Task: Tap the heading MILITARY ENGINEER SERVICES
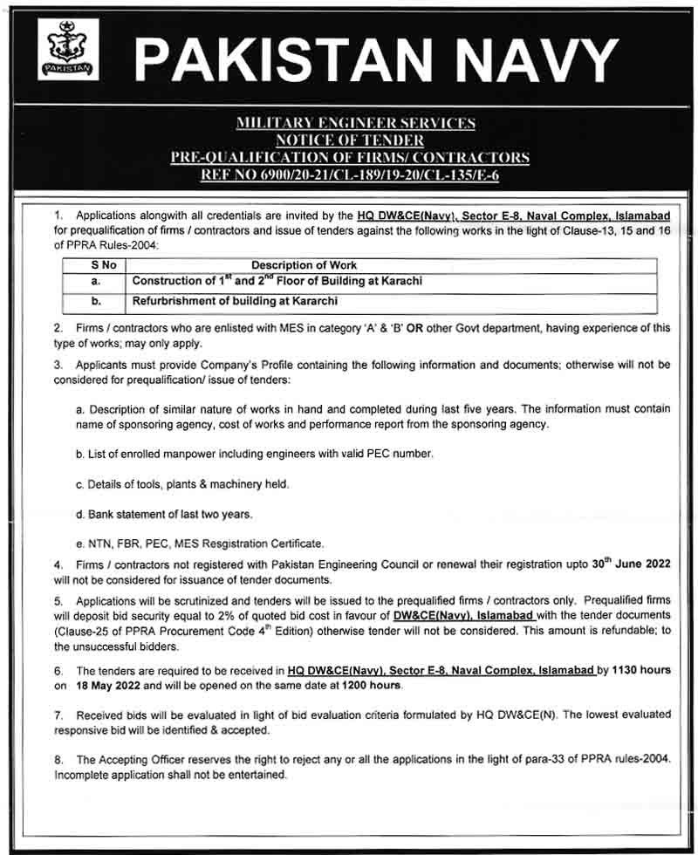pyautogui.click(x=355, y=124)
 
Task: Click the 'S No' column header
pyautogui.click(x=97, y=265)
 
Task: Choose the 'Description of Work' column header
pyautogui.click(x=305, y=265)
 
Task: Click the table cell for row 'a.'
pyautogui.click(x=97, y=282)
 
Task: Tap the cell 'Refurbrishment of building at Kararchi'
pyautogui.click(x=235, y=301)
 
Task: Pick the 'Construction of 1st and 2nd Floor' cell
pyautogui.click(x=277, y=282)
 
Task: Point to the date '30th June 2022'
pyautogui.click(x=630, y=564)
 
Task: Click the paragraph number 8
pyautogui.click(x=58, y=760)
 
